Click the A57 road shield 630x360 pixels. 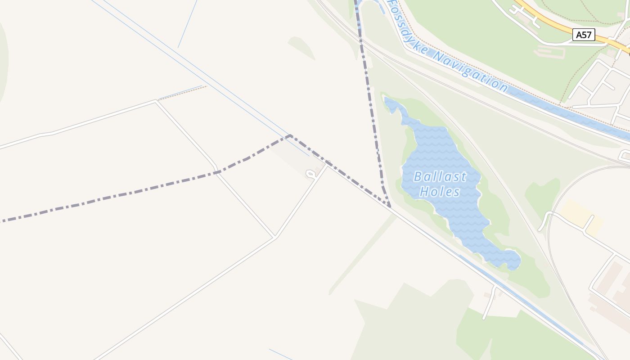point(584,35)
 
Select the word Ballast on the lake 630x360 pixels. point(440,176)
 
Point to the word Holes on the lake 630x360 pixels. point(440,192)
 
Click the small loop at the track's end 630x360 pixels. point(310,173)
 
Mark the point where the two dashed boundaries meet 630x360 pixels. point(390,207)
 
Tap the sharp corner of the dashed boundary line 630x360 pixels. point(290,135)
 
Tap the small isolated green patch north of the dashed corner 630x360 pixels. point(301,47)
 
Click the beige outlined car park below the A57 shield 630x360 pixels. point(550,53)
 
